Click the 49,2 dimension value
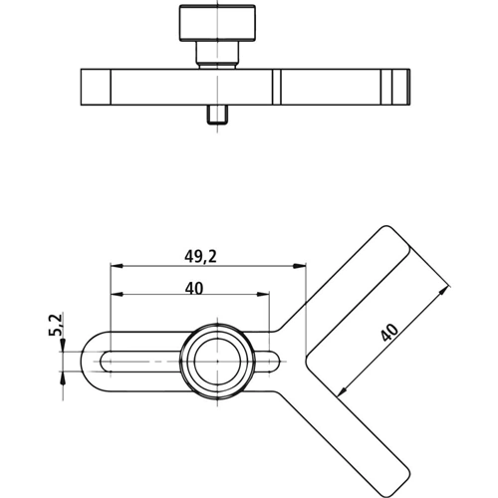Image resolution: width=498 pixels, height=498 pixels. pos(200,256)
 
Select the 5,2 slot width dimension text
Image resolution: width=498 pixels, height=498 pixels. pos(56,325)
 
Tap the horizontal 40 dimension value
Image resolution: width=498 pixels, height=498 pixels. pos(194,288)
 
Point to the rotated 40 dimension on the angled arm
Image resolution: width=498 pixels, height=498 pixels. pos(389,333)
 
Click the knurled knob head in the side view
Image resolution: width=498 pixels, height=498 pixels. pos(217,23)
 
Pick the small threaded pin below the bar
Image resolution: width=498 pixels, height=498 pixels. pos(217,115)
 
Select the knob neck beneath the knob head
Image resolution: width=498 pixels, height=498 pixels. pos(217,54)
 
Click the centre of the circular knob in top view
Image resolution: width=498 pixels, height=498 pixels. pos(217,361)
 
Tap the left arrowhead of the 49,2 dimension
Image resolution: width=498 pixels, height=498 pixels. pos(117,266)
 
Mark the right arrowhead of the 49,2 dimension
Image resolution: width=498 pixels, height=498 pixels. pos(299,266)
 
